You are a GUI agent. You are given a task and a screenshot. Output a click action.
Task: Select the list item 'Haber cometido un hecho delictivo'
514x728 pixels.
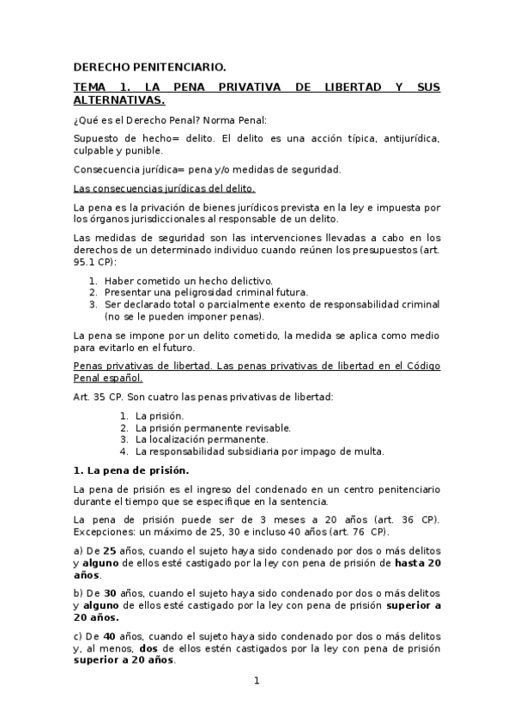coord(189,281)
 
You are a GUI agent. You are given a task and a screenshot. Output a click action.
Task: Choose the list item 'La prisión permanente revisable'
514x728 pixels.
coord(214,428)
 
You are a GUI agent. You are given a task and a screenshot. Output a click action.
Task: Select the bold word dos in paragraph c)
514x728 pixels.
coord(149,648)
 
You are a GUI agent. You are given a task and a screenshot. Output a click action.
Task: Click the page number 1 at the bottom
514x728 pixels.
coord(256,682)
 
